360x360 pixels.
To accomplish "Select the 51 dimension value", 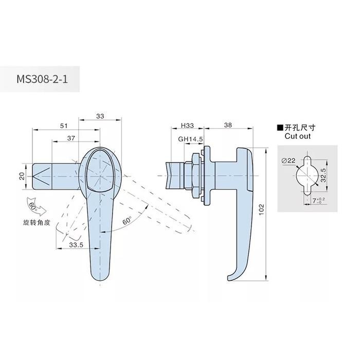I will (x=63, y=125).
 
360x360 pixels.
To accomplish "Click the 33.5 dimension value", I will (x=76, y=246).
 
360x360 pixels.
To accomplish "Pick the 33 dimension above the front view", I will (x=100, y=117).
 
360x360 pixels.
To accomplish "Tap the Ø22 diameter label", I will (x=289, y=161).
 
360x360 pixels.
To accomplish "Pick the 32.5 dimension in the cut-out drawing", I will (x=323, y=176).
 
